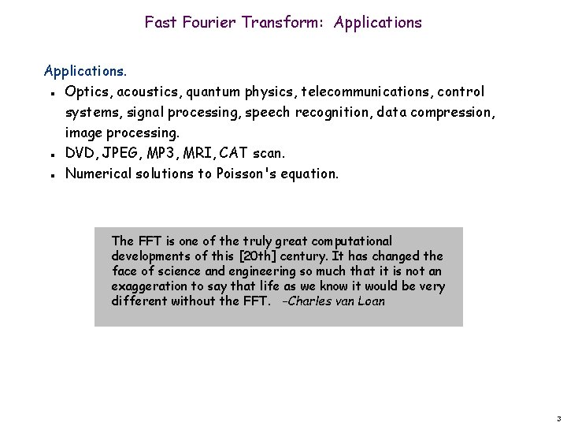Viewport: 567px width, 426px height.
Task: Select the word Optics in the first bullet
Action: tap(87, 92)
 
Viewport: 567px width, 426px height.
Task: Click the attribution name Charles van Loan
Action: tap(338, 301)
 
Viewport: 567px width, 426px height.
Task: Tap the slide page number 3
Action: tap(557, 417)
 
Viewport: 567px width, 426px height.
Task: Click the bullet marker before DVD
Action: tap(50, 153)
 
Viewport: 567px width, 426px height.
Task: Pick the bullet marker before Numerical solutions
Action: tap(50, 174)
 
